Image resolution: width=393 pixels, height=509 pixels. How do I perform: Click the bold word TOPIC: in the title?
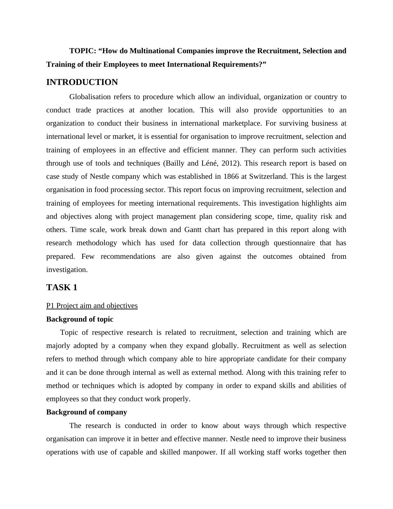pyautogui.click(x=83, y=51)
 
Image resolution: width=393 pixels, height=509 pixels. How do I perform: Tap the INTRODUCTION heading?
pyautogui.click(x=82, y=82)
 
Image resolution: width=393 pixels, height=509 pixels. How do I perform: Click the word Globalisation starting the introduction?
pyautogui.click(x=90, y=97)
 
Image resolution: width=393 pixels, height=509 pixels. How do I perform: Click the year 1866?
pyautogui.click(x=231, y=176)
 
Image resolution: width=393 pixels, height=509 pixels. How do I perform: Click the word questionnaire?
pyautogui.click(x=280, y=243)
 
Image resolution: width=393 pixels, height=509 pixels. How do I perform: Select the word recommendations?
pyautogui.click(x=128, y=256)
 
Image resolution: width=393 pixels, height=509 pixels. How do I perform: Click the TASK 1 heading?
pyautogui.click(x=62, y=288)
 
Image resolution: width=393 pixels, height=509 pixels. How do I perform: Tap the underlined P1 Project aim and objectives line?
pyautogui.click(x=92, y=306)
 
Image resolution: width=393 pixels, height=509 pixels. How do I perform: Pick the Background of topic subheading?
pyautogui.click(x=80, y=319)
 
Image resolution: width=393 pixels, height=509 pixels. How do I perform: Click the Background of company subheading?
pyautogui.click(x=87, y=412)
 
